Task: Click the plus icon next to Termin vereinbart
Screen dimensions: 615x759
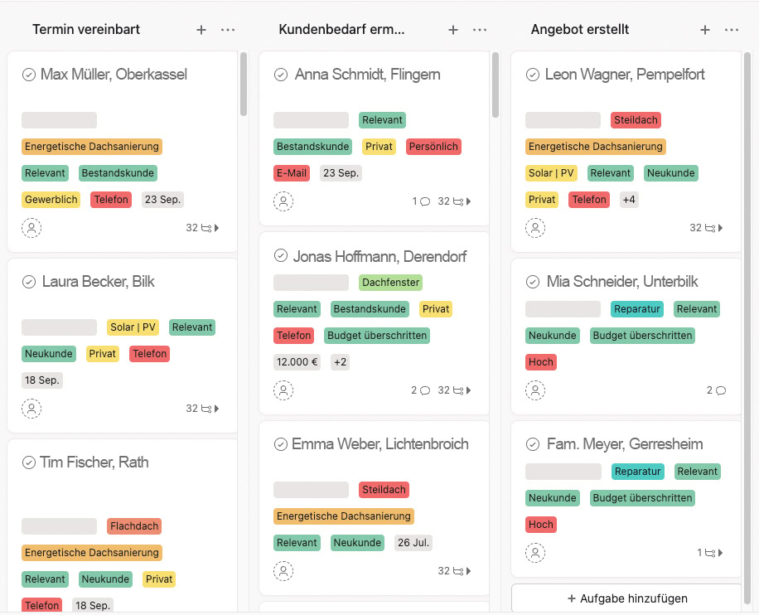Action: tap(201, 30)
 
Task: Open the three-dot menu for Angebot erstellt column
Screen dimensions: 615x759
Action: tap(732, 30)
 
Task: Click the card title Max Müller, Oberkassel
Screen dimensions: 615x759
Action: tap(114, 75)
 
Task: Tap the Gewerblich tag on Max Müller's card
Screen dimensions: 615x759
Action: tap(51, 200)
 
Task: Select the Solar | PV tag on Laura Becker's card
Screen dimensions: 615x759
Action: tap(133, 327)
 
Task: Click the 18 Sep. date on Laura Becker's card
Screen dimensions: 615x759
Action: tap(42, 380)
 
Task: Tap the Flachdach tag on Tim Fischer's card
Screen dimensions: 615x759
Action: tap(134, 526)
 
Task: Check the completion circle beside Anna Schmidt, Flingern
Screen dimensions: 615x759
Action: tap(281, 75)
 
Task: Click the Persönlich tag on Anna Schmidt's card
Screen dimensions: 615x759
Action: tap(433, 147)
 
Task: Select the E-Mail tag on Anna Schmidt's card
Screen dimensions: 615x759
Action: tap(292, 173)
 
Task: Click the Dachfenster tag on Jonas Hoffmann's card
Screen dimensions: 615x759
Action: tap(391, 283)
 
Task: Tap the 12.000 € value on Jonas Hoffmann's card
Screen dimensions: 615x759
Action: tap(297, 362)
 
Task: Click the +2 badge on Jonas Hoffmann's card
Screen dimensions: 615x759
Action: tap(340, 362)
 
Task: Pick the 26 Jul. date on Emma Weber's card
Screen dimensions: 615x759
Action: tap(414, 543)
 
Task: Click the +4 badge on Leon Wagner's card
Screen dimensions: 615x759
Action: tap(629, 200)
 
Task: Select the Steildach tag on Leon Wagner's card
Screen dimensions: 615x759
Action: tap(636, 120)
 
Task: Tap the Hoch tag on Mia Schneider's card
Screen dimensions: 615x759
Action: tap(541, 362)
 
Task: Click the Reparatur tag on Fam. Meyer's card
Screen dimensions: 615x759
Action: tap(638, 472)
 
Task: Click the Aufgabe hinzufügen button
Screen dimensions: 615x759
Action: tap(626, 598)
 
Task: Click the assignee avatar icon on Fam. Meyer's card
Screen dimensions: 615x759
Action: tap(535, 552)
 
